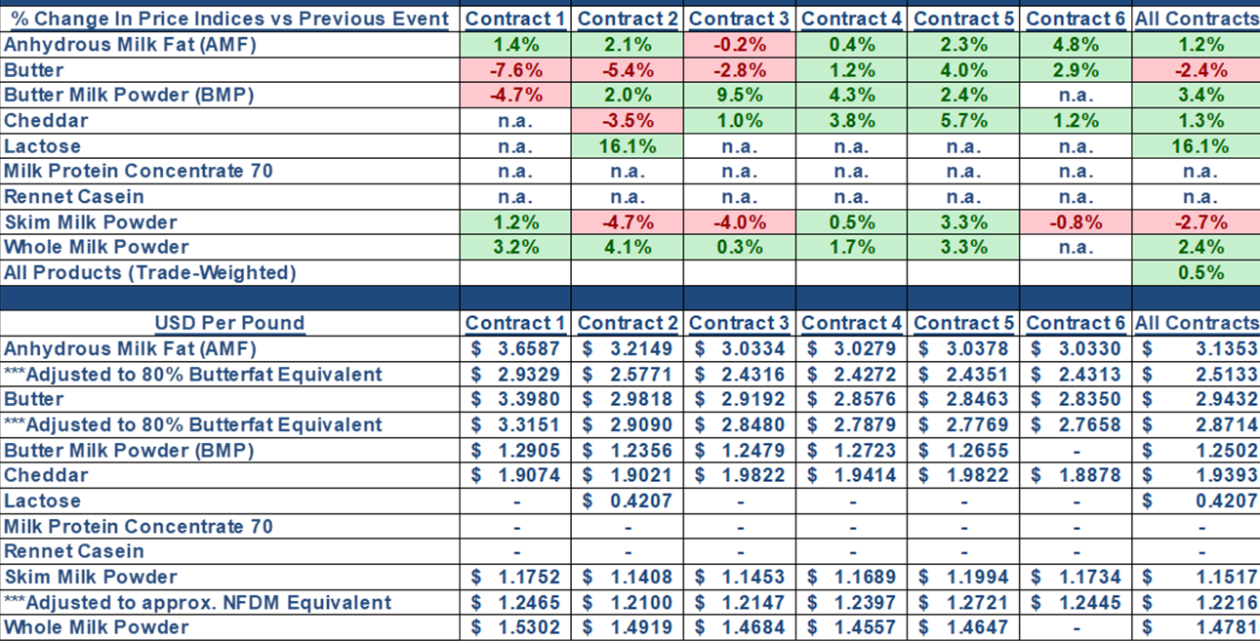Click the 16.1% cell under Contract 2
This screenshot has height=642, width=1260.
pos(628,146)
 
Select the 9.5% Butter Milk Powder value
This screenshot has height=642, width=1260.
pos(739,95)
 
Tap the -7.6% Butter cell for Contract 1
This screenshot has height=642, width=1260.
pos(516,70)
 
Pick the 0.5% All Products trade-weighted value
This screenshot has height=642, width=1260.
pos(1200,272)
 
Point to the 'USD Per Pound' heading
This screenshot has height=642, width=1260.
pos(230,323)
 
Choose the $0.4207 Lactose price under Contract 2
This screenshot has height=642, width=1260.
pos(628,501)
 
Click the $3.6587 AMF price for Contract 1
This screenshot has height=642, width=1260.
pos(515,348)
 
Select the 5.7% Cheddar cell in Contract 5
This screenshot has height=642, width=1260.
pos(963,120)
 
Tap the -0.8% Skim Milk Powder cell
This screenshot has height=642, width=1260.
pos(1076,222)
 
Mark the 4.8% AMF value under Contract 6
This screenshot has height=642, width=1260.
pos(1076,45)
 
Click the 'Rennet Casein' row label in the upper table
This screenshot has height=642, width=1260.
pos(74,197)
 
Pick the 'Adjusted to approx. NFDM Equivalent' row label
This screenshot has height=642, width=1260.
pos(197,602)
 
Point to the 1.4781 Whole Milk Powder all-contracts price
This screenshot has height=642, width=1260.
pos(1201,627)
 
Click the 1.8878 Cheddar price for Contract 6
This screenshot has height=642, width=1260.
pos(1076,475)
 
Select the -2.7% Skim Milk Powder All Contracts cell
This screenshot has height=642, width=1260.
pos(1200,222)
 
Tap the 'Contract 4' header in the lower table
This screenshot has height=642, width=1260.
pos(851,323)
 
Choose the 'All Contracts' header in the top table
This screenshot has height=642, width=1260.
pos(1197,19)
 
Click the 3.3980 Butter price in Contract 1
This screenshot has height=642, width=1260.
pos(515,399)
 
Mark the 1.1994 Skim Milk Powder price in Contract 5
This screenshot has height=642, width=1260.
pos(963,577)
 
